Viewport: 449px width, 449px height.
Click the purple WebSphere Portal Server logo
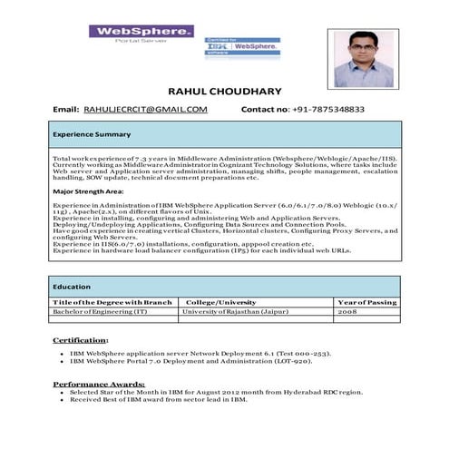pyautogui.click(x=141, y=35)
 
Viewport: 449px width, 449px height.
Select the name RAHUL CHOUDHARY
pyautogui.click(x=224, y=92)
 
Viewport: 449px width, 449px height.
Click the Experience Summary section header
pyautogui.click(x=92, y=134)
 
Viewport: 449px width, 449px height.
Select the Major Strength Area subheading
pyautogui.click(x=88, y=192)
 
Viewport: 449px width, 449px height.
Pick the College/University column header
pyautogui.click(x=220, y=301)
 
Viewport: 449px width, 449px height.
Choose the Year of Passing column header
pyautogui.click(x=366, y=301)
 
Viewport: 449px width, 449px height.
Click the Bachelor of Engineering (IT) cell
pyautogui.click(x=99, y=311)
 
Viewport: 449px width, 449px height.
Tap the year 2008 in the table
pyautogui.click(x=347, y=311)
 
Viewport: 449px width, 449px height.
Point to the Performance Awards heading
pyautogui.click(x=98, y=383)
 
